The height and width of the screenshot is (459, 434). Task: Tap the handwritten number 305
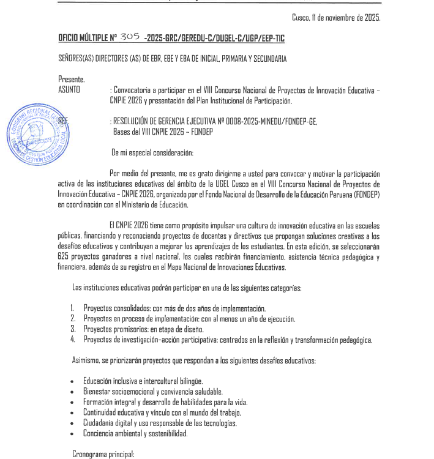(x=130, y=37)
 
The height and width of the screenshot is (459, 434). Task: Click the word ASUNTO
(x=70, y=90)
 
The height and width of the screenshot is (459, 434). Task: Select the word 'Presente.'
(x=72, y=79)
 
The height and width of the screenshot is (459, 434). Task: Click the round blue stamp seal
(x=37, y=133)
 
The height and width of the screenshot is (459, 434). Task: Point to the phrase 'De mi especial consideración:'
(x=152, y=152)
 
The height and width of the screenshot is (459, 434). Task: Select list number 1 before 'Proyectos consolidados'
(x=72, y=308)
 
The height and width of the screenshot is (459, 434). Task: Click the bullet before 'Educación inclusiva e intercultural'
(x=73, y=381)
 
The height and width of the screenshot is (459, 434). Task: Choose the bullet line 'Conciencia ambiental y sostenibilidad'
(x=135, y=433)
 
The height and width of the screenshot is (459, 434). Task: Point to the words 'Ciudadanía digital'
(x=108, y=423)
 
